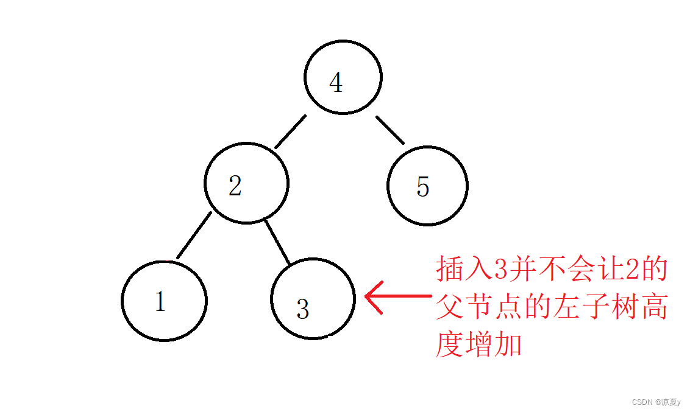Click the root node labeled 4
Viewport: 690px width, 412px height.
click(343, 78)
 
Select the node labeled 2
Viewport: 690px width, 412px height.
click(246, 184)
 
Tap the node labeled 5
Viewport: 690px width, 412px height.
click(427, 186)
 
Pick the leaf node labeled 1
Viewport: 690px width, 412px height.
click(164, 300)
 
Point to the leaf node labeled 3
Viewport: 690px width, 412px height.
click(313, 298)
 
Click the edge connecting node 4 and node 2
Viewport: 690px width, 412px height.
click(290, 131)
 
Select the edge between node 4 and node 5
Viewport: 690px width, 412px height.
click(390, 130)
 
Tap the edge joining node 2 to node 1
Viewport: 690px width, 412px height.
click(194, 235)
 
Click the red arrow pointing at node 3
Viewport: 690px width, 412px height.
click(396, 296)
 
